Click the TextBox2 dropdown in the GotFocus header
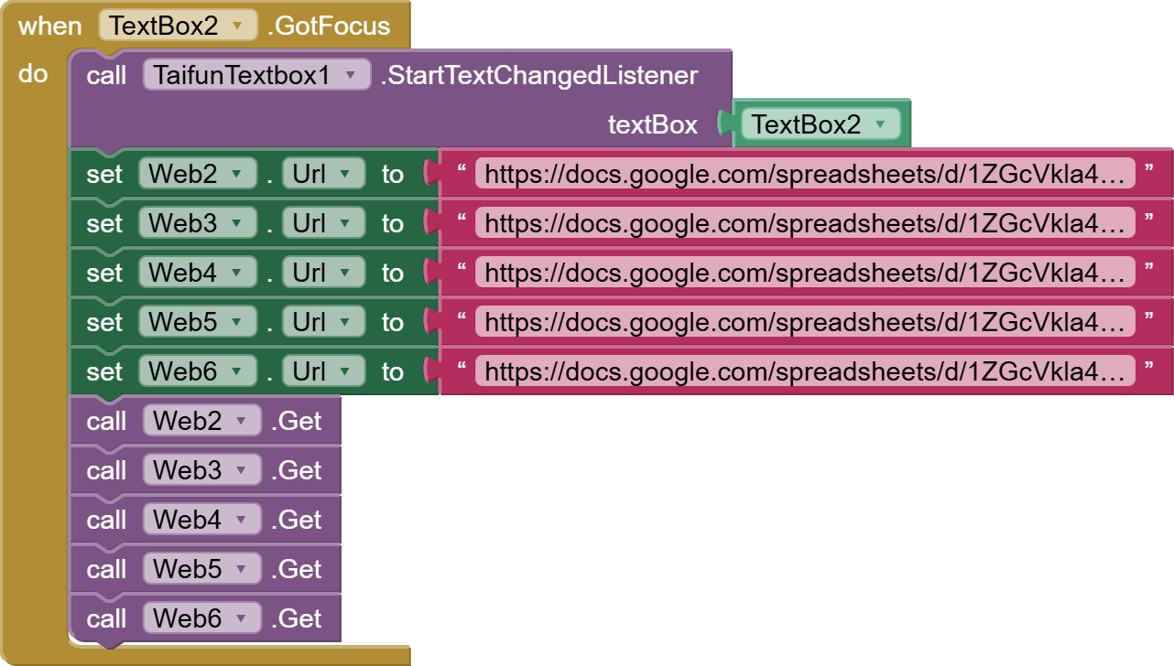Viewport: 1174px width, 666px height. pos(178,26)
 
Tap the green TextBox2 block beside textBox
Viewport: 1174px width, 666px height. pos(820,124)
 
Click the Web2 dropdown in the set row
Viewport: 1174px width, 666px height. pos(197,174)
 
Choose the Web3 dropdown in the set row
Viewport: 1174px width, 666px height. pos(197,223)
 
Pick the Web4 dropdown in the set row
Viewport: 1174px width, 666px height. pos(197,273)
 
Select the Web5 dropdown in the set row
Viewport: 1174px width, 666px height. pos(197,322)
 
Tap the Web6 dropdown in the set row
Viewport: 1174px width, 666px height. pos(197,371)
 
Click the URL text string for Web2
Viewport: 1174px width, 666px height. pos(805,174)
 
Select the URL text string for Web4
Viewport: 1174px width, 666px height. pos(805,273)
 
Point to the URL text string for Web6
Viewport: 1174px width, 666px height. pos(805,371)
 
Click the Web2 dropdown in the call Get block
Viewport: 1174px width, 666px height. pos(201,421)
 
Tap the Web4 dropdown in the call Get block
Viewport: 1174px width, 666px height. pos(201,520)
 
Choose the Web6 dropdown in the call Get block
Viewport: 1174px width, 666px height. pos(201,618)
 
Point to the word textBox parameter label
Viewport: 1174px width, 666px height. pos(652,124)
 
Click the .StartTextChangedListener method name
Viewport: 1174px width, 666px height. pos(538,75)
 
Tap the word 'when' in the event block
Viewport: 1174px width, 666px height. pos(49,26)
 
